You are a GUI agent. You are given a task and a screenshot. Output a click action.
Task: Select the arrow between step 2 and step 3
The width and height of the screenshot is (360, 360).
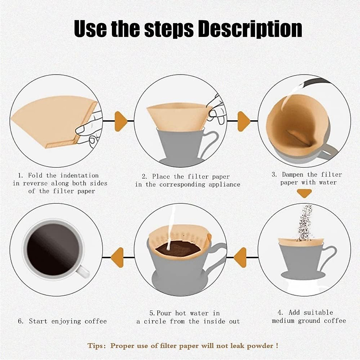click(244, 121)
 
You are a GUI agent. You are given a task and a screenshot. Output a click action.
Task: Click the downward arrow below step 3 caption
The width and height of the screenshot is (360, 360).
click(304, 193)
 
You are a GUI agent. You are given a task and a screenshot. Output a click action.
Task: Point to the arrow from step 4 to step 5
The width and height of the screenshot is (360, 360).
click(240, 257)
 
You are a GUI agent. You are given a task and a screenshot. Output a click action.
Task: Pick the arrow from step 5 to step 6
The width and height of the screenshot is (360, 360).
click(117, 257)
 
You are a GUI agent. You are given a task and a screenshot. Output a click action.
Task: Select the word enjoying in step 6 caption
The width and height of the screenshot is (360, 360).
click(66, 321)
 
